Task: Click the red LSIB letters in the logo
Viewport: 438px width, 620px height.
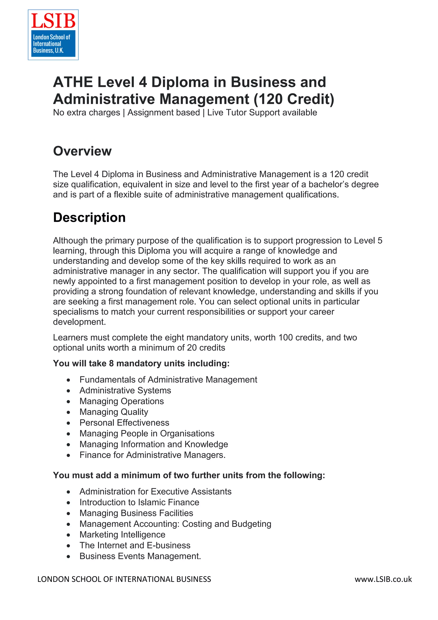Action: click(x=53, y=21)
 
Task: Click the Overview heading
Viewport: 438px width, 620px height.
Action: click(x=82, y=151)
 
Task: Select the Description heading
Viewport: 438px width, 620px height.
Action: click(x=89, y=217)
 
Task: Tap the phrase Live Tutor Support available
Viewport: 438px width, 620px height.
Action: click(x=262, y=112)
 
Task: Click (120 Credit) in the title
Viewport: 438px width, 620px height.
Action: click(x=294, y=99)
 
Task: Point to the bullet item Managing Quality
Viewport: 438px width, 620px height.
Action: click(x=114, y=412)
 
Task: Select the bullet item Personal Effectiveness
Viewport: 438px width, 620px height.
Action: click(x=124, y=423)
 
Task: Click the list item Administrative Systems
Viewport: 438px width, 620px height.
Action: click(x=125, y=390)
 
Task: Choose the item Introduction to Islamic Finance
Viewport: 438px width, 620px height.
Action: click(x=139, y=502)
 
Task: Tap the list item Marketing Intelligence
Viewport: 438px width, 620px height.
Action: click(x=122, y=534)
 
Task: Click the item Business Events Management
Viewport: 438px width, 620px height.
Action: click(x=140, y=556)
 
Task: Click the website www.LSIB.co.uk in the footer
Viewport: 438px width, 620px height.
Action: click(x=383, y=579)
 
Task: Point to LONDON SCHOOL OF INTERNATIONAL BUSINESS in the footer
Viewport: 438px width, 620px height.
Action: click(x=124, y=579)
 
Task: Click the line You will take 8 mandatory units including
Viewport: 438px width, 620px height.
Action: click(x=141, y=363)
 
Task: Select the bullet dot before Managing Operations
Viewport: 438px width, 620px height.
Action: click(x=69, y=402)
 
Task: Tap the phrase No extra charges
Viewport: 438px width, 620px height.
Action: click(x=86, y=112)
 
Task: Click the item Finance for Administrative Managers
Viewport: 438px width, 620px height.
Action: click(x=152, y=455)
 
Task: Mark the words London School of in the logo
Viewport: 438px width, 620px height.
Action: click(x=52, y=37)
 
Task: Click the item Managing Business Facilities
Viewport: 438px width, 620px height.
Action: click(x=136, y=513)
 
